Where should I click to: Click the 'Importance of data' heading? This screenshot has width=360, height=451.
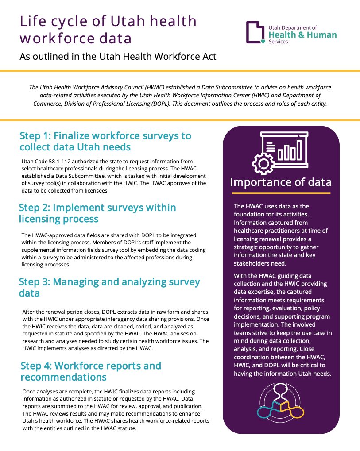click(x=281, y=182)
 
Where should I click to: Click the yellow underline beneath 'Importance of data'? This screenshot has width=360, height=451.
click(x=281, y=193)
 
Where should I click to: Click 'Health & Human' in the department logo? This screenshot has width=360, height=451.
click(x=302, y=35)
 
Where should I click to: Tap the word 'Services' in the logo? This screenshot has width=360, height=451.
click(x=278, y=42)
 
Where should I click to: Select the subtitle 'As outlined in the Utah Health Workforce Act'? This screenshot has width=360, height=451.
click(x=118, y=57)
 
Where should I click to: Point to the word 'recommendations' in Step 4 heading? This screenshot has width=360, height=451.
click(x=63, y=377)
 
